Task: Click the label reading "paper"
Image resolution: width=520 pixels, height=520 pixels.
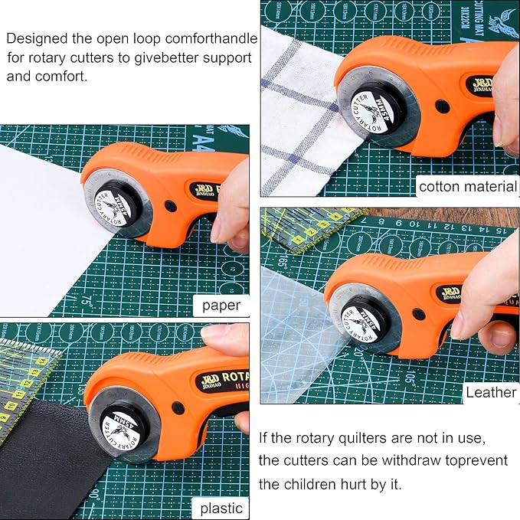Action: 221,306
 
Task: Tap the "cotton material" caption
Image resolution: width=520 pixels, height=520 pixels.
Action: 467,186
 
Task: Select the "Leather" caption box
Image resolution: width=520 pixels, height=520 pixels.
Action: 491,392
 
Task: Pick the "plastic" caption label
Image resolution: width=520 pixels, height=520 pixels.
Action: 221,508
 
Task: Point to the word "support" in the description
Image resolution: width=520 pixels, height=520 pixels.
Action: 213,57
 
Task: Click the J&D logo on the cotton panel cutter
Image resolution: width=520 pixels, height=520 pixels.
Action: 483,83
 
